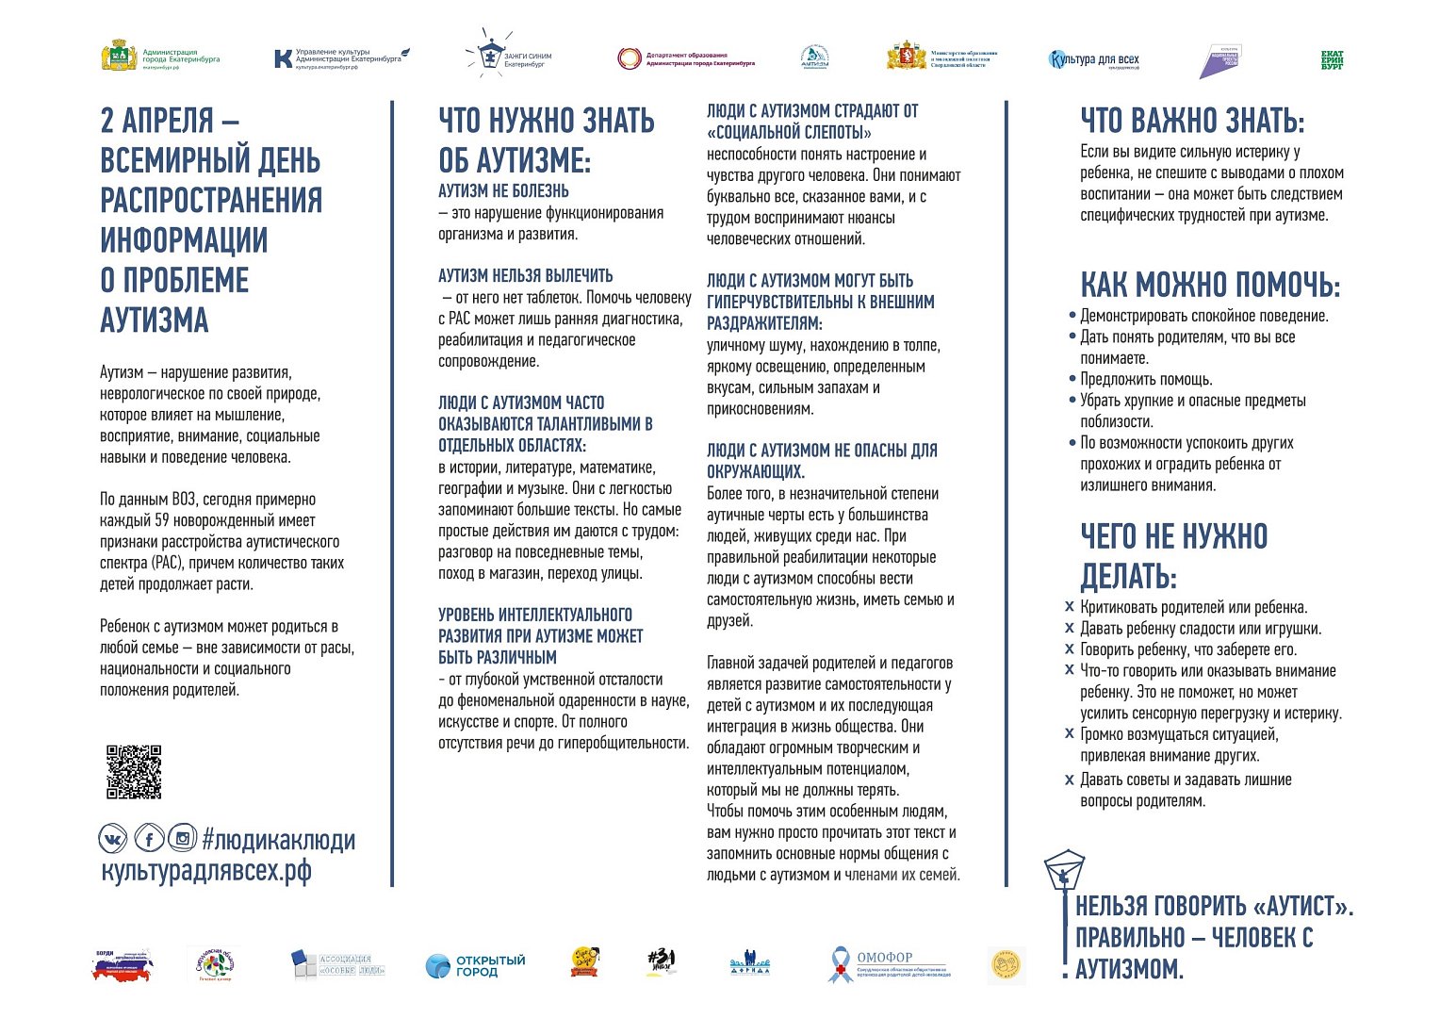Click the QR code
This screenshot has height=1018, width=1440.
133,772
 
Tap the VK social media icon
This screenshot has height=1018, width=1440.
112,838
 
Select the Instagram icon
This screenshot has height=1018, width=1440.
182,838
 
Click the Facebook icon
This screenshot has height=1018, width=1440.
148,838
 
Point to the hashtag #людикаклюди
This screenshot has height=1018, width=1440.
279,840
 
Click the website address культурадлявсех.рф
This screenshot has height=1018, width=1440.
205,870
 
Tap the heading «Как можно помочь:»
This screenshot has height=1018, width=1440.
1209,285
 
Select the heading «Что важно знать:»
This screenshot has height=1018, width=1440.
1192,121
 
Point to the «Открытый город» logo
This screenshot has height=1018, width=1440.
475,965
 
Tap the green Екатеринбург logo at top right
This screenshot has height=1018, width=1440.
1332,60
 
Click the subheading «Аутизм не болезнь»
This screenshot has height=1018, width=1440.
503,191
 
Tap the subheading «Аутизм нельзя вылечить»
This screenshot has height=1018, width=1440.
525,276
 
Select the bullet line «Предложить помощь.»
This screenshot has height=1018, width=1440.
1146,380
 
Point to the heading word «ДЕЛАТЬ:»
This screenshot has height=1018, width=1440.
1128,576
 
